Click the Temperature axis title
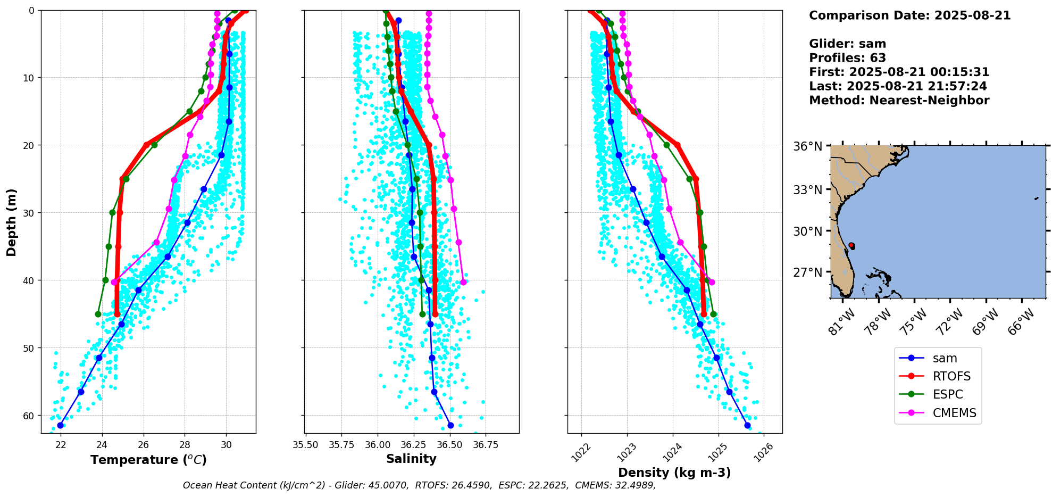(x=148, y=460)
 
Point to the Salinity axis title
(x=411, y=459)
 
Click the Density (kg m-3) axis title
(x=674, y=473)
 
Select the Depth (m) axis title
(x=12, y=222)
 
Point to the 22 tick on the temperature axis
(x=61, y=444)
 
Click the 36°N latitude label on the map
(x=808, y=146)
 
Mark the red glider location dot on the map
(x=851, y=245)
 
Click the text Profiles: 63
(x=847, y=58)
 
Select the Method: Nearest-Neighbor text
(x=899, y=101)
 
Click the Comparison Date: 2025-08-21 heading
(x=909, y=15)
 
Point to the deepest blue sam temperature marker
(x=60, y=425)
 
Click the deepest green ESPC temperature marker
(x=98, y=314)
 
